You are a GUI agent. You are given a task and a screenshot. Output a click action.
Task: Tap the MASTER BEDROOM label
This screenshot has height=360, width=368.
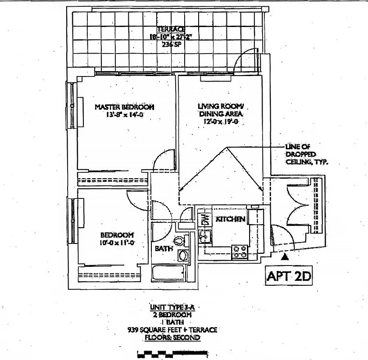[124, 107]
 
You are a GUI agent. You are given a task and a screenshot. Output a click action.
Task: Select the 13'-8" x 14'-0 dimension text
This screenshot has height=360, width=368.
[124, 115]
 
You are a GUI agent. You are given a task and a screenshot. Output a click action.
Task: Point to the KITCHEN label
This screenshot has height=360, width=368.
[230, 219]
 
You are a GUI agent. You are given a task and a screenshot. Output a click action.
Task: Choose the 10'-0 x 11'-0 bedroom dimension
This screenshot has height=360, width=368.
[117, 243]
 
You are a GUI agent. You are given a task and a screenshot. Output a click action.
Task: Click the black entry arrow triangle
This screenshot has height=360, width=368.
[284, 257]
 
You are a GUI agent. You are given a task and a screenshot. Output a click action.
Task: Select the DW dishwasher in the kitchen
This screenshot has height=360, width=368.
[205, 219]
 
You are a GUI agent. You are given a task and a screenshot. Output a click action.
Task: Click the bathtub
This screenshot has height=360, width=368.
[169, 273]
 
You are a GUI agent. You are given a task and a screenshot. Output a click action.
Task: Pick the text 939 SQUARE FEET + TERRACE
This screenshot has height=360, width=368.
[172, 330]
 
